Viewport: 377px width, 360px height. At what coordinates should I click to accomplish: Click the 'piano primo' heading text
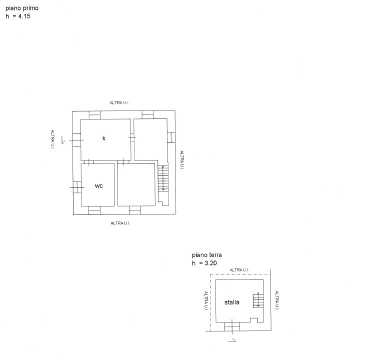[x=22, y=8]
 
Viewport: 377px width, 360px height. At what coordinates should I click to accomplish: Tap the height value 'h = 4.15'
[x=18, y=16]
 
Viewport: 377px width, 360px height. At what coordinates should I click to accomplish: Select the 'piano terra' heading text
[x=207, y=255]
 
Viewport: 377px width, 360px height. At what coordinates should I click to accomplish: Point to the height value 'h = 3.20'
[x=204, y=263]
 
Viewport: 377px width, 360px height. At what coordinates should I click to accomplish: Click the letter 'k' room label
[x=104, y=138]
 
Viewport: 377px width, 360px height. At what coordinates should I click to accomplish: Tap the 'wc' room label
[x=99, y=186]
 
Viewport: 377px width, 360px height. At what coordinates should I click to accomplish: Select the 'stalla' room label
[x=232, y=302]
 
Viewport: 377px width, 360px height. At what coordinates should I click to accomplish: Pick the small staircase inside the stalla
[x=258, y=300]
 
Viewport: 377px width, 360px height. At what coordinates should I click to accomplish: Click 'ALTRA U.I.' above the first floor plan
[x=119, y=102]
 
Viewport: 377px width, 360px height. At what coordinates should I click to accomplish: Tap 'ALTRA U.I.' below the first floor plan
[x=120, y=223]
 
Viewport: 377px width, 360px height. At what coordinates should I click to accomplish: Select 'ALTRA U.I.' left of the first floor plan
[x=52, y=139]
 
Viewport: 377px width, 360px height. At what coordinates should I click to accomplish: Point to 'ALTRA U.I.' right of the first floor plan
[x=182, y=160]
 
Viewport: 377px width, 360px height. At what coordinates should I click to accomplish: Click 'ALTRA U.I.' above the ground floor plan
[x=239, y=270]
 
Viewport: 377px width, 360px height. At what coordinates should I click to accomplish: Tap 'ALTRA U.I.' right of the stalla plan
[x=277, y=300]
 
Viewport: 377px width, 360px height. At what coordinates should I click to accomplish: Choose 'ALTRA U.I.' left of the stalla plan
[x=206, y=301]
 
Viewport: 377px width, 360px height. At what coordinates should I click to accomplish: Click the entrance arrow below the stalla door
[x=232, y=340]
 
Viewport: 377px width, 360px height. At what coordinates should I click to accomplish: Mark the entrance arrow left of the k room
[x=63, y=140]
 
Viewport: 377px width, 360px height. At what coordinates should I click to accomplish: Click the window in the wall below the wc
[x=94, y=210]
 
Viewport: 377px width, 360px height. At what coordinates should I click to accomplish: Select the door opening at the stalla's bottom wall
[x=232, y=326]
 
